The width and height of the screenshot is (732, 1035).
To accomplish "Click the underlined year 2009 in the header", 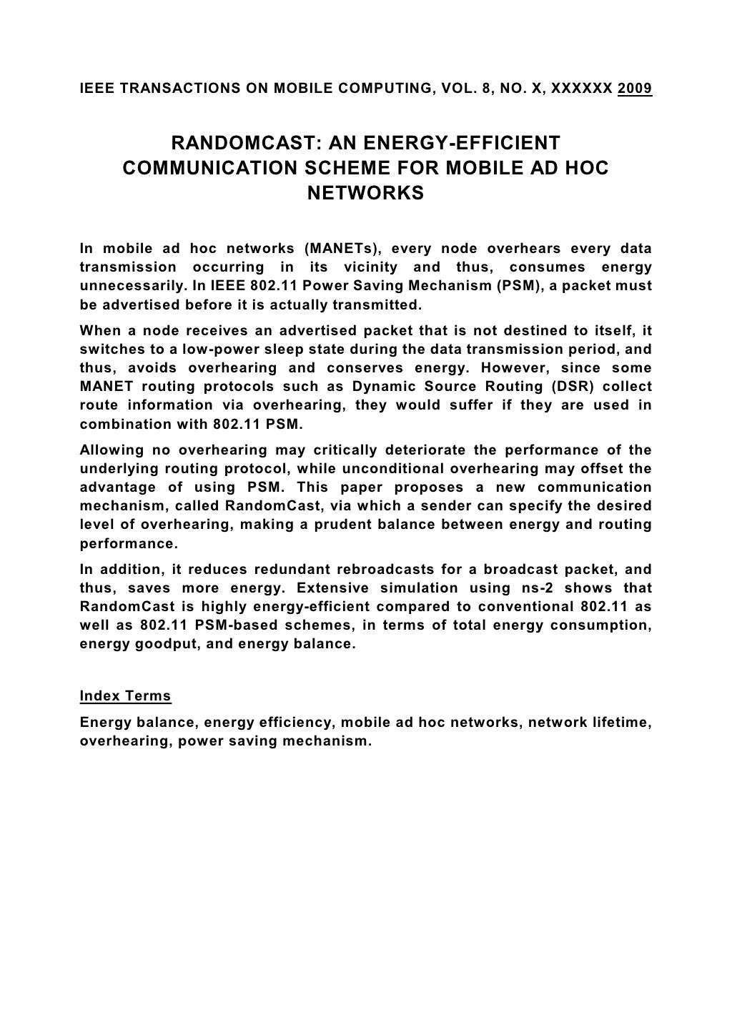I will (x=634, y=89).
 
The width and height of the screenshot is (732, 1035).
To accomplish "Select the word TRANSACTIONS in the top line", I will (x=159, y=89).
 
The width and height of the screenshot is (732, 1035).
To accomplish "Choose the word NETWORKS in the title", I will (x=365, y=194).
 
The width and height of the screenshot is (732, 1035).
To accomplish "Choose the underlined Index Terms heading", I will (x=125, y=695).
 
